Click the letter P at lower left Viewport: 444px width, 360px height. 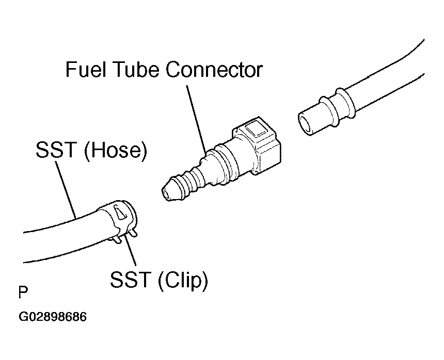point(23,293)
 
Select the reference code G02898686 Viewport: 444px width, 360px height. point(53,316)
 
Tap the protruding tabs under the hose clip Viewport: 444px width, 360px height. point(124,237)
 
